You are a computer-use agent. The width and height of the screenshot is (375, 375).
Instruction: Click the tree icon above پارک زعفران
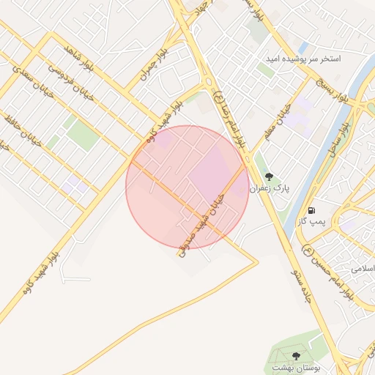(x=269, y=176)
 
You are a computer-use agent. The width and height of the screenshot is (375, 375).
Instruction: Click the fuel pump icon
(x=312, y=209)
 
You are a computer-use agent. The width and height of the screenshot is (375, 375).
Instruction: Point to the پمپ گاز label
(x=312, y=220)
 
